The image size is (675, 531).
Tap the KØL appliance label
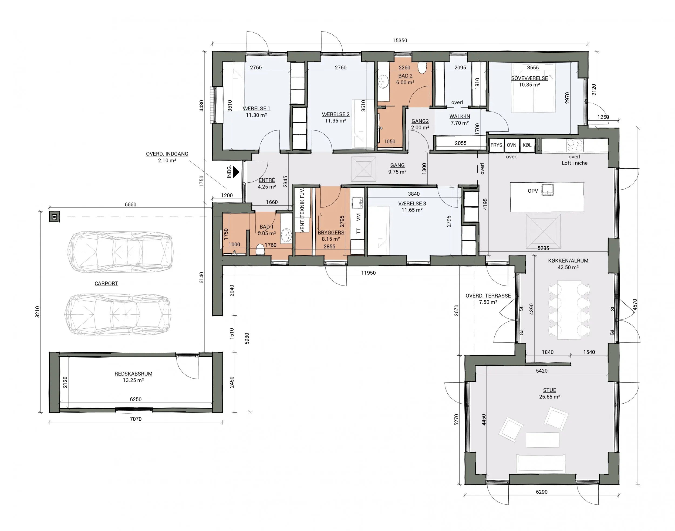pos(527,145)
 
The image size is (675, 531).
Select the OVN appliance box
pos(512,145)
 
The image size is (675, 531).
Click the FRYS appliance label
pos(497,145)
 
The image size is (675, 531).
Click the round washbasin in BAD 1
pos(286,236)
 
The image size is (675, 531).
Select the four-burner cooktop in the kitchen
pos(575,145)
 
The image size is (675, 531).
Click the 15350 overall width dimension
pos(400,40)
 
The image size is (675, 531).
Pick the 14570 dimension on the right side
pos(635,306)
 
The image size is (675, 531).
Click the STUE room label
pos(550,390)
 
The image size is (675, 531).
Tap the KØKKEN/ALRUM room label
pos(568,261)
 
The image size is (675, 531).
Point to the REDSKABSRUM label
pos(133,374)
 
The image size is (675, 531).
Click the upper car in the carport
pos(120,251)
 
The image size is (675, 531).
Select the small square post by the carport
pos(55,217)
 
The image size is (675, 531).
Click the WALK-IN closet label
pos(460,116)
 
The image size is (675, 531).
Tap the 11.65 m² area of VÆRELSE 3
pos(412,210)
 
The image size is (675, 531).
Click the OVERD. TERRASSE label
pos(488,296)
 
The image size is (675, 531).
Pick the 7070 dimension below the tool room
pos(136,419)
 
